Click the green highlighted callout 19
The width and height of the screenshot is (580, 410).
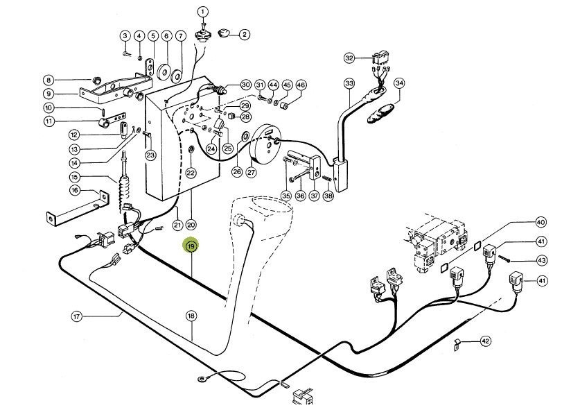coord(190,246)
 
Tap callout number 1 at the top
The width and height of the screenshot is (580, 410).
coord(203,12)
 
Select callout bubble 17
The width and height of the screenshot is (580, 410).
coord(77,317)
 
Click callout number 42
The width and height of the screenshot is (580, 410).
coord(485,341)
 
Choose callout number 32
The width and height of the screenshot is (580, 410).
coord(349,58)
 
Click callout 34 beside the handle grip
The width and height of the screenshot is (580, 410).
coord(398,83)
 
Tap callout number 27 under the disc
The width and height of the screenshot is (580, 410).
coord(251,173)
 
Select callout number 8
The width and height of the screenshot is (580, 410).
coord(49,80)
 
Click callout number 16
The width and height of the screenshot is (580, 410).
coord(75,191)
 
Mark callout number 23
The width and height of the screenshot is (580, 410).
coord(150,155)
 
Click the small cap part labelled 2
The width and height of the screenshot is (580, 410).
coord(224,33)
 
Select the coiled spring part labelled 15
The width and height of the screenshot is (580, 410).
coord(126,190)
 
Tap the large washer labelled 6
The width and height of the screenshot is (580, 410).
coord(166,71)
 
